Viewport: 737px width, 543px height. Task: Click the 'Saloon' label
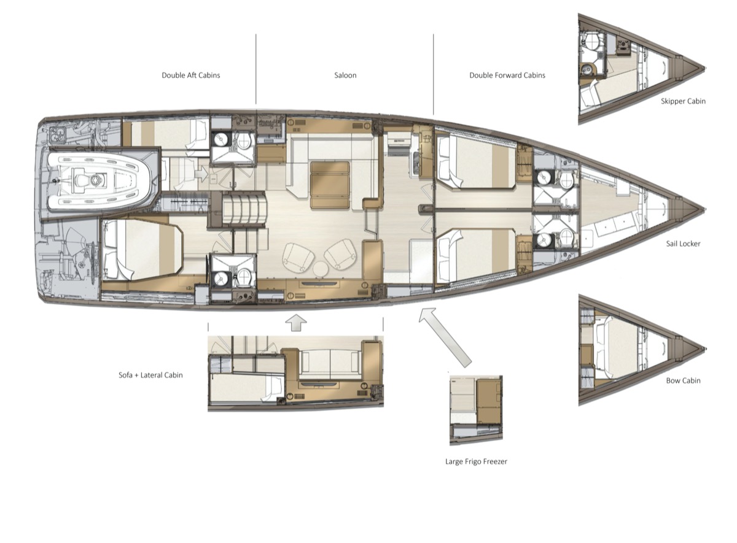(x=345, y=75)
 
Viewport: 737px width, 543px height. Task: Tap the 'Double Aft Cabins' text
(x=191, y=75)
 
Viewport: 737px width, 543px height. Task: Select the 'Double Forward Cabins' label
(x=507, y=75)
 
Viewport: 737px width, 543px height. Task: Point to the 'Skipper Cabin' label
(x=683, y=101)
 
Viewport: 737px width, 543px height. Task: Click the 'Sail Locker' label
(x=683, y=244)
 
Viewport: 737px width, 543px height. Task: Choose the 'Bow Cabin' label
(x=683, y=380)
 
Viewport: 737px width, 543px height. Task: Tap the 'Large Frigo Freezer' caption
(x=476, y=461)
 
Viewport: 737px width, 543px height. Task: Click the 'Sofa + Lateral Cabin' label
(x=150, y=375)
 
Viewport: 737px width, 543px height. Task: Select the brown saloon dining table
(x=330, y=185)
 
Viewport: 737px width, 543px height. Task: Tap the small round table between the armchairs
(x=321, y=269)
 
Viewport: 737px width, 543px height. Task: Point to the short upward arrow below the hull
(x=296, y=323)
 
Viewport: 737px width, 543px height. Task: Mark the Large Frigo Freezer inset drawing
(x=476, y=410)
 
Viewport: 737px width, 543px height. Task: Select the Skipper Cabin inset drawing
(x=642, y=69)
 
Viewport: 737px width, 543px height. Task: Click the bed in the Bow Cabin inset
(x=620, y=349)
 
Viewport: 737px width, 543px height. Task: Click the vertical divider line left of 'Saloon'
(x=256, y=69)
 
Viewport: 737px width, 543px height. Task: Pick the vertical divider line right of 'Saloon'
(x=434, y=74)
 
